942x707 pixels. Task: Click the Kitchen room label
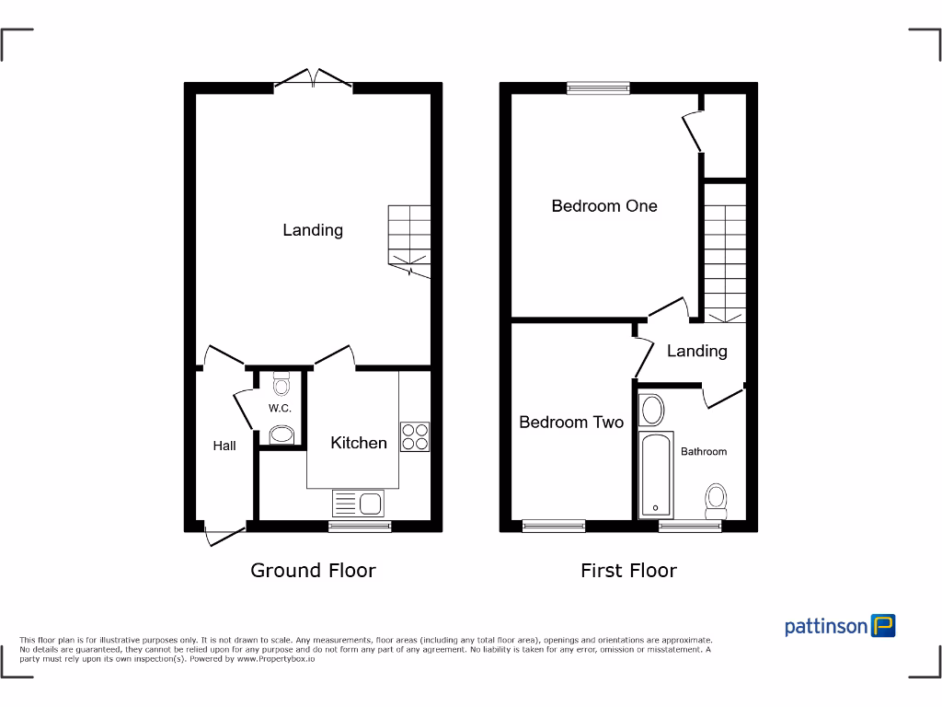click(x=359, y=443)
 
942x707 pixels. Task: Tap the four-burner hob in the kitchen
click(x=415, y=436)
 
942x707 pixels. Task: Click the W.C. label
click(x=280, y=408)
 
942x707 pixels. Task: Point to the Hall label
click(x=224, y=446)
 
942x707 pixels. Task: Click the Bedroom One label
click(x=604, y=206)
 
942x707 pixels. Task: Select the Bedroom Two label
click(x=571, y=423)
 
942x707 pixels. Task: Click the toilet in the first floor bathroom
click(x=716, y=501)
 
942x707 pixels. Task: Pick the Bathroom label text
click(x=704, y=451)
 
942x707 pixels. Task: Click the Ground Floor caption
click(x=313, y=571)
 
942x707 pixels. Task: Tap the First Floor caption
click(x=628, y=571)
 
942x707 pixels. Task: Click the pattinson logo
click(x=840, y=626)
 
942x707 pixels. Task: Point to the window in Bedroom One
click(x=598, y=88)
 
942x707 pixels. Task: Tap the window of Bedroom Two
click(x=554, y=527)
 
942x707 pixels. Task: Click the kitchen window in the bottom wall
click(x=360, y=527)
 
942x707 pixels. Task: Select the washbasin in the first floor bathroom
click(x=652, y=410)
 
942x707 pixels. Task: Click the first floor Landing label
click(x=696, y=351)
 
